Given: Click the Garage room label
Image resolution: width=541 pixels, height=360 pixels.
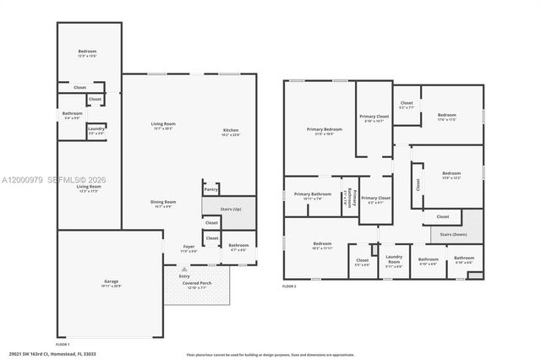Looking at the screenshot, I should pyautogui.click(x=112, y=283).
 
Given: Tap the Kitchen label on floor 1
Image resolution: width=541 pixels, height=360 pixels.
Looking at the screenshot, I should pyautogui.click(x=231, y=131).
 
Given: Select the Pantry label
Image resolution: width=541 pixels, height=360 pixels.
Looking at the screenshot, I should pyautogui.click(x=210, y=189).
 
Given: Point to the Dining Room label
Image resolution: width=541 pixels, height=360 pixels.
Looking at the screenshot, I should pyautogui.click(x=163, y=202).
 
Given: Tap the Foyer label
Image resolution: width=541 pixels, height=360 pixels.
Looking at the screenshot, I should pyautogui.click(x=189, y=248).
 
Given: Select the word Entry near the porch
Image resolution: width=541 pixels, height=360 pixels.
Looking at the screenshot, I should pyautogui.click(x=184, y=275).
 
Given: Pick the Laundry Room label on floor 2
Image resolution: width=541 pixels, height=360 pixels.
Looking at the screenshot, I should pyautogui.click(x=394, y=259).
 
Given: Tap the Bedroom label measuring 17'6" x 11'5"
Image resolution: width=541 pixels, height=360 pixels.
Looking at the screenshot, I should pyautogui.click(x=447, y=116).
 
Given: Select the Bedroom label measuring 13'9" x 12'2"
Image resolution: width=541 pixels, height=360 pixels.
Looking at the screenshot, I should pyautogui.click(x=451, y=174).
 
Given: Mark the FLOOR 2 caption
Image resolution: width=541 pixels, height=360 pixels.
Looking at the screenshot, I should pyautogui.click(x=290, y=287).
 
